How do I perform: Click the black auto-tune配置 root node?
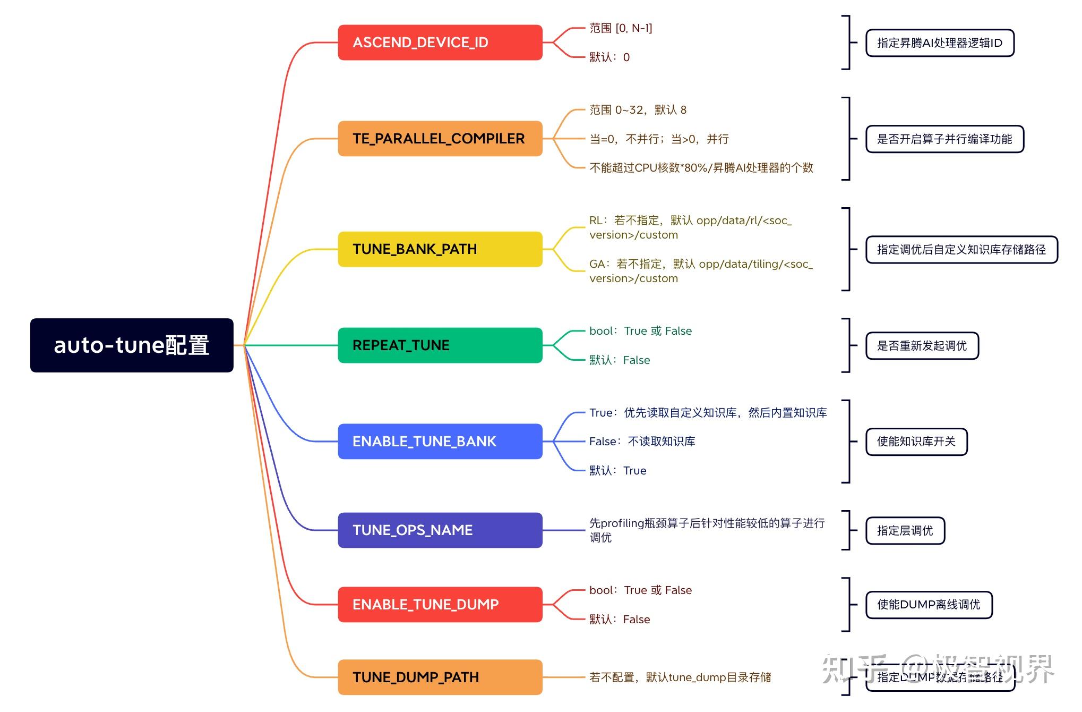(132, 345)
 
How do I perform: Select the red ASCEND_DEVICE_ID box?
(440, 43)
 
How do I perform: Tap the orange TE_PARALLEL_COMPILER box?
(440, 139)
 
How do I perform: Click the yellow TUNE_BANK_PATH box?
(440, 249)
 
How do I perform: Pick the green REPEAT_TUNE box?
(440, 345)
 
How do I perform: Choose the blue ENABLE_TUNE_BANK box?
(440, 442)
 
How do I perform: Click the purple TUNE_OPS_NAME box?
(440, 530)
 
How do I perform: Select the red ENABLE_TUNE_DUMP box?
(440, 605)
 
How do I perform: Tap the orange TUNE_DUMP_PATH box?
(440, 677)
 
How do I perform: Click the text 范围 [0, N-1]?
(621, 28)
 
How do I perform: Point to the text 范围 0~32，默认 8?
(638, 110)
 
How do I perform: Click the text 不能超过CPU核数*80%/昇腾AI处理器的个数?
(701, 168)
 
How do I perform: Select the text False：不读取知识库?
(642, 442)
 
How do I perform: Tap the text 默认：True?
(617, 471)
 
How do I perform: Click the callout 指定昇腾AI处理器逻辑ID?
(940, 43)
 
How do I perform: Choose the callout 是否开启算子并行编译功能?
(944, 139)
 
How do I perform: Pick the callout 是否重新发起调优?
(922, 346)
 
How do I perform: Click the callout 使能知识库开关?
(916, 442)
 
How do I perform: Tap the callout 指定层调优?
(905, 531)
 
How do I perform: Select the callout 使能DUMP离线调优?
(929, 605)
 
